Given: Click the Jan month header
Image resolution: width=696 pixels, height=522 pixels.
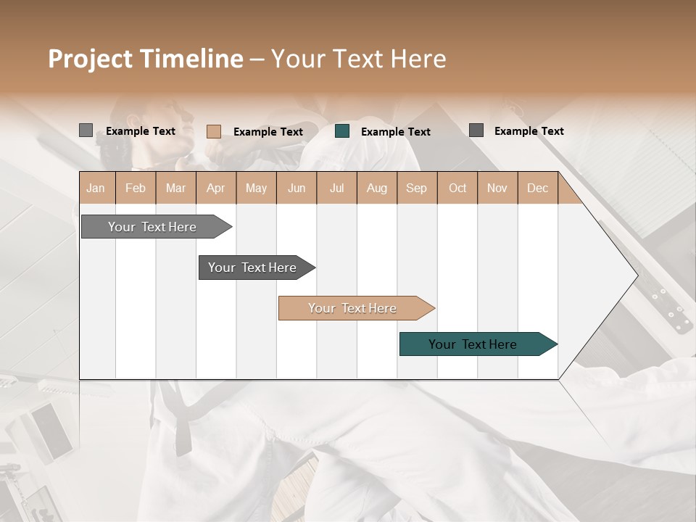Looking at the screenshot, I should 96,188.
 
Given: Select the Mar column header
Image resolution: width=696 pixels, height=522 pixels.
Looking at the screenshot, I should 175,188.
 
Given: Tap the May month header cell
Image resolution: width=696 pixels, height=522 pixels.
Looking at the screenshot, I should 256,188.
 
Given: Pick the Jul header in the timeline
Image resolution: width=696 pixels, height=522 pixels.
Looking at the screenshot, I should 336,188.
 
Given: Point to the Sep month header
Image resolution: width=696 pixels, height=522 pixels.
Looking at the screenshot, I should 416,188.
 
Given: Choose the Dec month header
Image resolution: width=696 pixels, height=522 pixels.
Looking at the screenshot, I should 537,188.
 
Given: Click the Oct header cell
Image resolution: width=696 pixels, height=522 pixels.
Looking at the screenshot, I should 457,188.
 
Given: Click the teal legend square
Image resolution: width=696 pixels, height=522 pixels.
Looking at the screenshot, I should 343,131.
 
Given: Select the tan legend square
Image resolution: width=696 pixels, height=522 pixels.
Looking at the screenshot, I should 214,131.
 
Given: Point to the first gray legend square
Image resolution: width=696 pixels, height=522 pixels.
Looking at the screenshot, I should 86,130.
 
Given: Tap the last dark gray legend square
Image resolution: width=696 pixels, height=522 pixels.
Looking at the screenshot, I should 476,130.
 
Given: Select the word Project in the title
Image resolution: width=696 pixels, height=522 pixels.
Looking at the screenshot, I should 90,59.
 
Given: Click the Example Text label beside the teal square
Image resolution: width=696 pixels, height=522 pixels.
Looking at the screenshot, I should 395,132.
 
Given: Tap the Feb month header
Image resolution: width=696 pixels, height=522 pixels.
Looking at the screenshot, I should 136,188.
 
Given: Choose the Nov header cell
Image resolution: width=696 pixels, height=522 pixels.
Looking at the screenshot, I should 497,188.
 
